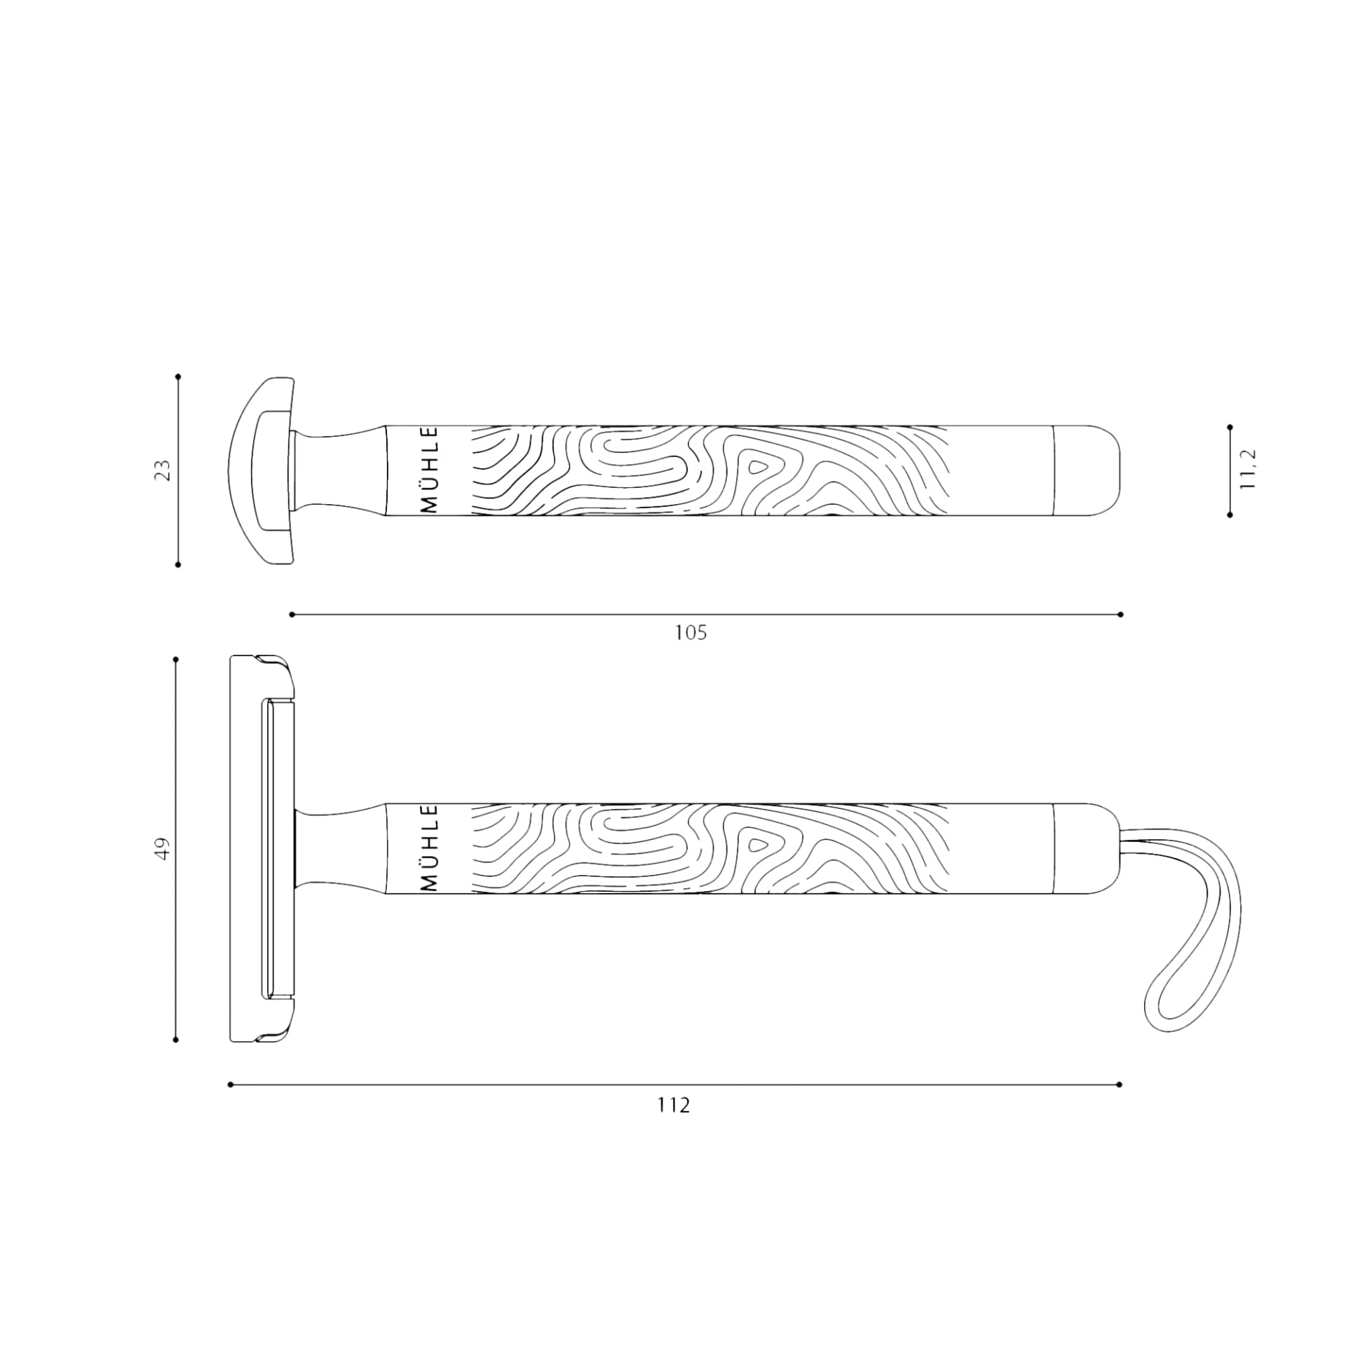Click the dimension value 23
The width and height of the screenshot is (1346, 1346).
pos(163,470)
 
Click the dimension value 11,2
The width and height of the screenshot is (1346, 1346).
pos(1248,470)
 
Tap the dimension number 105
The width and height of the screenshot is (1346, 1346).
pos(691,633)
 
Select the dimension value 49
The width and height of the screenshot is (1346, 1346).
pos(163,849)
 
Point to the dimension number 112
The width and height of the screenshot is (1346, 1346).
pos(674,1106)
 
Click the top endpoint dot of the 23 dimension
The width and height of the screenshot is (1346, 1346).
pos(178,376)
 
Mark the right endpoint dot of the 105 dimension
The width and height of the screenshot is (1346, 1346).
pos(1121,615)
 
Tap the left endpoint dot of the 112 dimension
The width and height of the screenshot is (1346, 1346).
pos(231,1085)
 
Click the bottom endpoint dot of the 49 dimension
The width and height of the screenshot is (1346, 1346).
pos(176,1040)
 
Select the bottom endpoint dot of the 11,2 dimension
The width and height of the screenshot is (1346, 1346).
pos(1230,515)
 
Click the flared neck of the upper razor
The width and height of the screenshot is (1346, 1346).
pos(336,470)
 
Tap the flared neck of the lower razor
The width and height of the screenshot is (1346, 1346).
pos(336,848)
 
